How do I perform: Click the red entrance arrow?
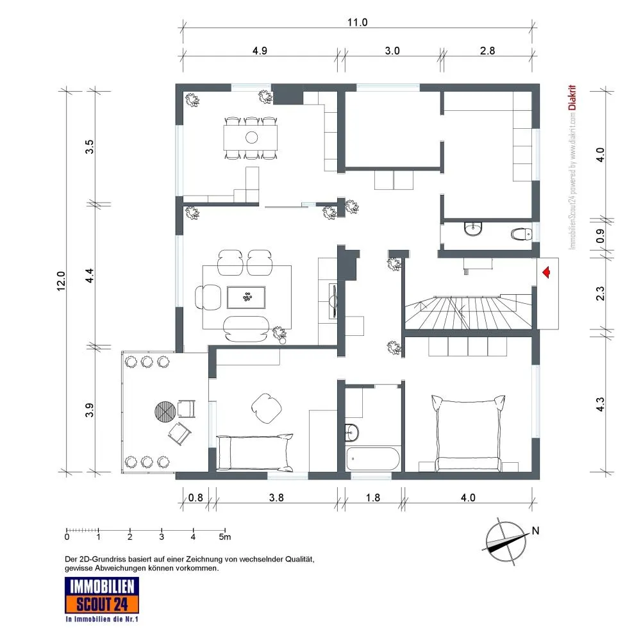pos(546,272)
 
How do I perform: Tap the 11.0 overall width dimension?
pos(357,22)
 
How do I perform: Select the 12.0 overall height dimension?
pos(61,281)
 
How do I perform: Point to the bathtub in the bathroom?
pos(373,459)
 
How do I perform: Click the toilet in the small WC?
pos(521,234)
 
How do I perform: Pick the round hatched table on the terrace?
pos(165,410)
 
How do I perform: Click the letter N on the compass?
pos(535,531)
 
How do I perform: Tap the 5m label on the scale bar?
pos(225,537)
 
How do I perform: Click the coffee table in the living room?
pos(247,297)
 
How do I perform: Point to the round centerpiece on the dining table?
pos(251,137)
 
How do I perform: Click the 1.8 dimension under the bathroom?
pos(373,497)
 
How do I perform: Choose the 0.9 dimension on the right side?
pos(600,236)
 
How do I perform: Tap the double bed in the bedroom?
pos(469,433)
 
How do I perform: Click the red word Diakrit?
pos(572,97)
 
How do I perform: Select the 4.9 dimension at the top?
pos(260,51)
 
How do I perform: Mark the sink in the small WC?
pos(474,229)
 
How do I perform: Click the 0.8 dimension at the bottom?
pos(196,497)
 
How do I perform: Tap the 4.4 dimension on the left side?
pos(90,275)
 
